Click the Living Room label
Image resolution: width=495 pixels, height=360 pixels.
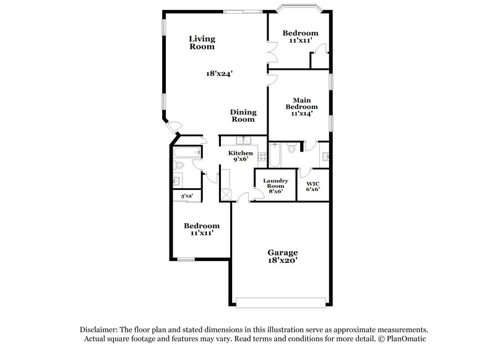(x=202, y=43)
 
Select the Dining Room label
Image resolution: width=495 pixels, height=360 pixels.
(x=243, y=116)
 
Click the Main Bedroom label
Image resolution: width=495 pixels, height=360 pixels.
(x=301, y=106)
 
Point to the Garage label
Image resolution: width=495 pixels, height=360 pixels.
(x=283, y=252)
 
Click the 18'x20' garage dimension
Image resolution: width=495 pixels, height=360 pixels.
(x=283, y=261)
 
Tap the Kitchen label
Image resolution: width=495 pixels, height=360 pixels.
(x=240, y=153)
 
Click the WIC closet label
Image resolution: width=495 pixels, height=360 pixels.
(x=312, y=183)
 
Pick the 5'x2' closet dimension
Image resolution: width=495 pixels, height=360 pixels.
(x=186, y=196)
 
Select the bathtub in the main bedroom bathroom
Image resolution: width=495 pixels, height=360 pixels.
(x=276, y=156)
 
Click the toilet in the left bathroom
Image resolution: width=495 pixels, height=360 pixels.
(x=178, y=165)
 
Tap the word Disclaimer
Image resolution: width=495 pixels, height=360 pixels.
(x=99, y=330)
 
